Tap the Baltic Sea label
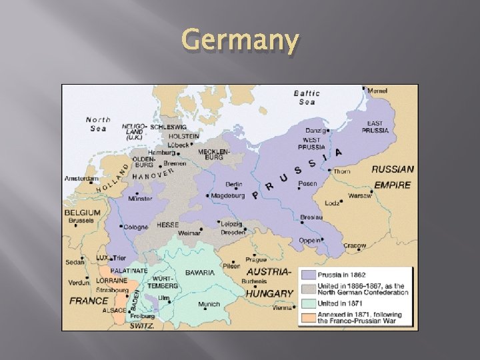click(x=307, y=97)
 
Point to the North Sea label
click(x=99, y=124)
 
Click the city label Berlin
click(x=233, y=184)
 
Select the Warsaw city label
click(x=359, y=196)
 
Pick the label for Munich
click(x=209, y=304)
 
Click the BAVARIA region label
click(x=200, y=272)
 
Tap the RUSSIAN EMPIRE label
click(x=392, y=177)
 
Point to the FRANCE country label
click(x=88, y=301)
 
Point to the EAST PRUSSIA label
click(x=375, y=127)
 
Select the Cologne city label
click(x=135, y=227)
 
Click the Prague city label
click(x=255, y=259)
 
